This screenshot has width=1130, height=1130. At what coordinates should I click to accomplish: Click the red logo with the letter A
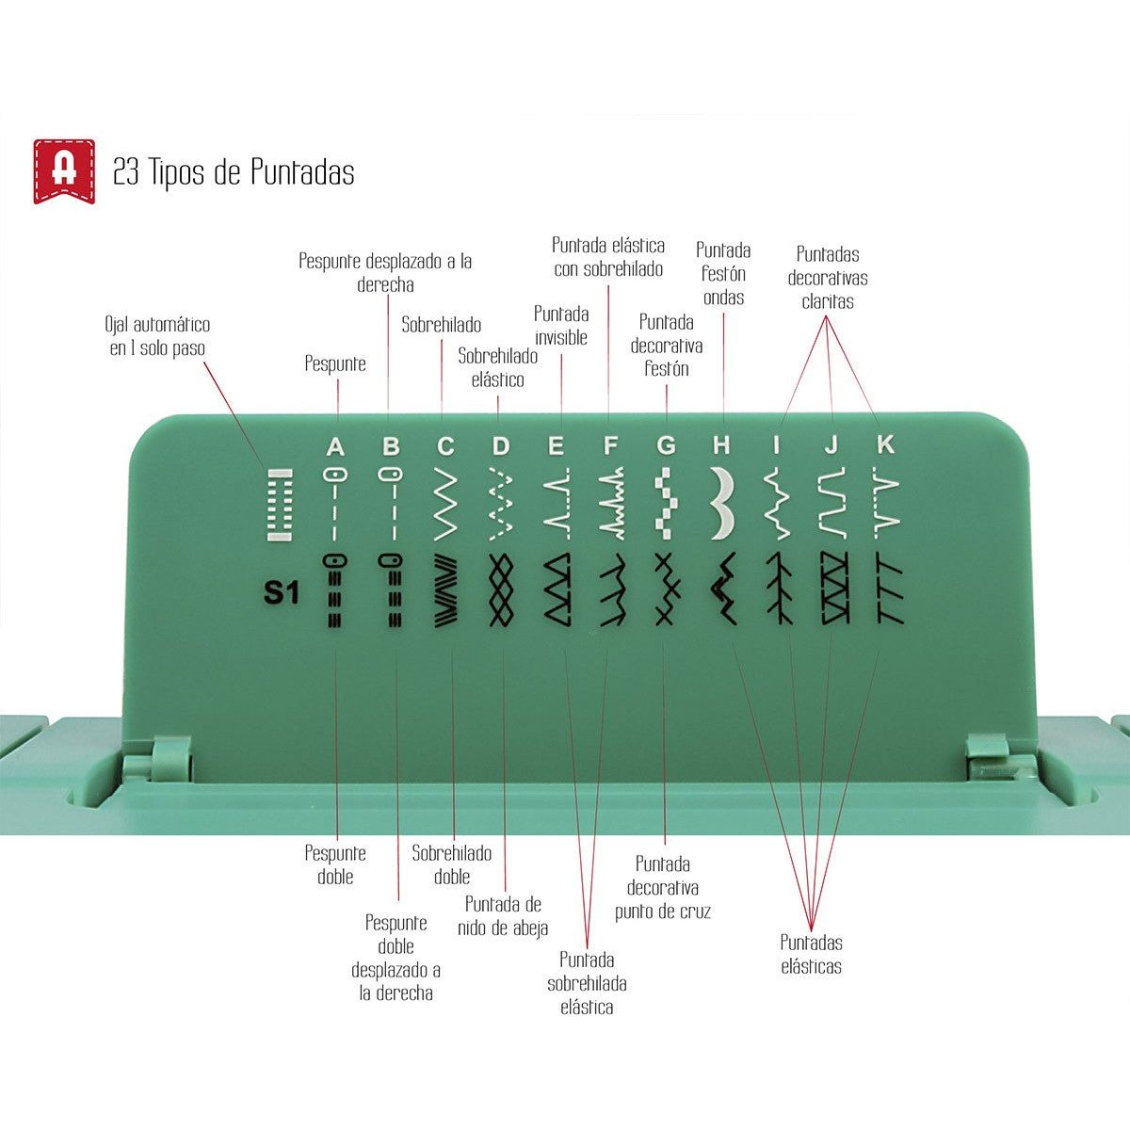64,171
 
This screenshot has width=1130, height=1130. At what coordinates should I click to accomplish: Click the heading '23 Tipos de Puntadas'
234,172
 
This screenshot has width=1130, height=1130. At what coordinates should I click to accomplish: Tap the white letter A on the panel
335,447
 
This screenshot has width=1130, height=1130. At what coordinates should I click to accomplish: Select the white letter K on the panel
885,445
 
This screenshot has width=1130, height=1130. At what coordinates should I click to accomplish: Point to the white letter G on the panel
666,446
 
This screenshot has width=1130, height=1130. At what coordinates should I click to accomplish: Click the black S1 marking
282,593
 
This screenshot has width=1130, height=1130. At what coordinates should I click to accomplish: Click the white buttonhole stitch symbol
280,505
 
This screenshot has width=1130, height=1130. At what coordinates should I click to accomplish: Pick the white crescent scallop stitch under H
722,503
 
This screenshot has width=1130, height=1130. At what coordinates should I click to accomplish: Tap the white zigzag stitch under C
445,504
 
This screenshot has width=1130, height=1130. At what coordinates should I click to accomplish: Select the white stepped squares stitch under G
666,504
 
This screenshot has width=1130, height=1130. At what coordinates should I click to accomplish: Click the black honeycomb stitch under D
501,589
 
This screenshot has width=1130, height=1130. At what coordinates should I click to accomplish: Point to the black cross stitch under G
666,589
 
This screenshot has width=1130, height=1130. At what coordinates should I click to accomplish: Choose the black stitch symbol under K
890,589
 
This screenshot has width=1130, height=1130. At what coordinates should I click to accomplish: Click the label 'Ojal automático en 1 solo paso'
157,336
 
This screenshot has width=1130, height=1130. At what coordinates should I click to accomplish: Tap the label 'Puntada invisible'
561,326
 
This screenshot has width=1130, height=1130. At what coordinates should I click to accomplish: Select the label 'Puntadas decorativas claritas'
828,278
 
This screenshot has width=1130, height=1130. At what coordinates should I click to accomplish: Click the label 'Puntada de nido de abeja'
503,916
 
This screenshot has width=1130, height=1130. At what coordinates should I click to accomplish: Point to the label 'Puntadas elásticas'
811,954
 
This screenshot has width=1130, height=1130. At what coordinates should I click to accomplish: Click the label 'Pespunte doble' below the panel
335,865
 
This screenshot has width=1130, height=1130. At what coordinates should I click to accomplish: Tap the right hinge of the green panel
987,758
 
